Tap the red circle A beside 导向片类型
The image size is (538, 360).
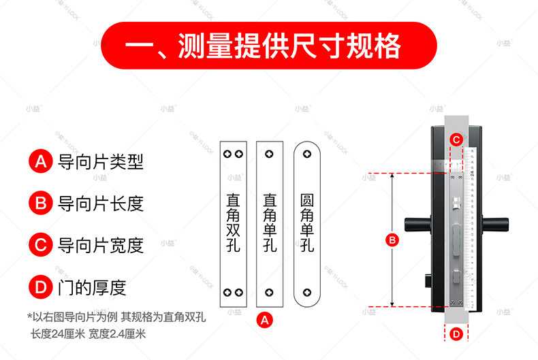(40, 161)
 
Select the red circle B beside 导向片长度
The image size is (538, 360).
(40, 203)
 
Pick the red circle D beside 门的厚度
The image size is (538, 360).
(40, 287)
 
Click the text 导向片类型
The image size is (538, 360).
(101, 161)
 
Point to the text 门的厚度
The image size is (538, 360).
(93, 287)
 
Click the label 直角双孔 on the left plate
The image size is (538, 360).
(233, 224)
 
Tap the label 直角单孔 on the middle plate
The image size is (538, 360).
(270, 224)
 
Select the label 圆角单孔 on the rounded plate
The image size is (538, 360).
(307, 224)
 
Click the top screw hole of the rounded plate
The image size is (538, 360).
(307, 154)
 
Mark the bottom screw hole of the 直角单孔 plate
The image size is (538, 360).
(270, 293)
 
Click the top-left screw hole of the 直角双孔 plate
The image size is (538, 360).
(228, 154)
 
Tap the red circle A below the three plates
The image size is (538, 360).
(266, 319)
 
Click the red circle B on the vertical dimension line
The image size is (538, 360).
(392, 240)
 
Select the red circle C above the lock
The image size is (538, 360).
(457, 140)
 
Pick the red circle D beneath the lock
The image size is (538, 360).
(457, 333)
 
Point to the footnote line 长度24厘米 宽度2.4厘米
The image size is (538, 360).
(88, 333)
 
